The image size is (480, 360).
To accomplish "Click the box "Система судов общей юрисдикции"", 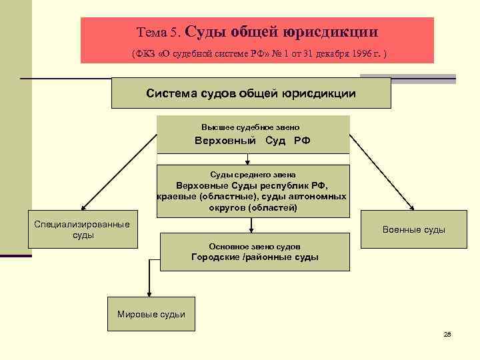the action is pyautogui.click(x=251, y=93).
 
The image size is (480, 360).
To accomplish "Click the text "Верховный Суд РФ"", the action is pyautogui.click(x=252, y=141).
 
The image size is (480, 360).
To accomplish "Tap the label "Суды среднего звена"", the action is pyautogui.click(x=252, y=174).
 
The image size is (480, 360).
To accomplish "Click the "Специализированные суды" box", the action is pyautogui.click(x=82, y=230).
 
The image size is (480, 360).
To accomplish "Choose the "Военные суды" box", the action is pyautogui.click(x=413, y=230).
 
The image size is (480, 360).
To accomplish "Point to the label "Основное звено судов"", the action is pyautogui.click(x=255, y=245).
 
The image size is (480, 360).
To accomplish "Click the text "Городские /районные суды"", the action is pyautogui.click(x=255, y=257).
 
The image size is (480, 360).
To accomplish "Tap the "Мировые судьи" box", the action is pyautogui.click(x=151, y=314).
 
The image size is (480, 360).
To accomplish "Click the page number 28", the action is pyautogui.click(x=447, y=334).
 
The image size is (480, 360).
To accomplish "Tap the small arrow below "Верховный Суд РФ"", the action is pyautogui.click(x=247, y=161).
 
